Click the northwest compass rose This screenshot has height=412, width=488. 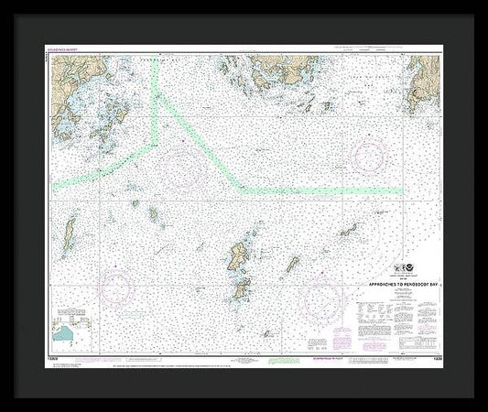(x=183, y=164)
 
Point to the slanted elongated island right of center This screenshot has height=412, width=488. (x=292, y=266)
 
